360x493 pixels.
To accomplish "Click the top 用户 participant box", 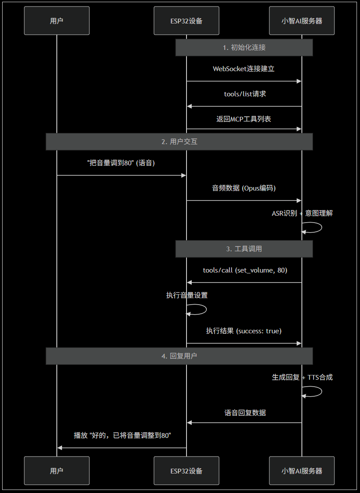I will click(x=57, y=20).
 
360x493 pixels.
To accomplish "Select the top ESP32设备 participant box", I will click(x=187, y=20).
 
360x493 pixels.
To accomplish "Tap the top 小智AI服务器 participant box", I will click(x=302, y=20).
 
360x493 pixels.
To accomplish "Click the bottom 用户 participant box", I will click(x=57, y=470).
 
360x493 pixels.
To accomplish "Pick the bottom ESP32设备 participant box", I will click(x=187, y=470).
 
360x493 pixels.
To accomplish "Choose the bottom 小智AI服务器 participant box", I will click(x=302, y=470).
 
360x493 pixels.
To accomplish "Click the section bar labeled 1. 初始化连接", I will click(x=244, y=47).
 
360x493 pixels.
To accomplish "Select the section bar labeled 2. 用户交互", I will click(x=179, y=141).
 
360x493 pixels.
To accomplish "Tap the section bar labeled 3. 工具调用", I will click(x=244, y=249).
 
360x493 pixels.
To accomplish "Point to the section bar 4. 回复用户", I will click(x=179, y=356).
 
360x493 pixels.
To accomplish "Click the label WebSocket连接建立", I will click(x=243, y=69).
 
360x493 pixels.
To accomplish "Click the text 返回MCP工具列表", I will click(x=244, y=118).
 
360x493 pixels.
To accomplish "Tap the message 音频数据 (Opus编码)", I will click(x=244, y=188).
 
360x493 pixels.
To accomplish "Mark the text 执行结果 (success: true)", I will click(x=244, y=331).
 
